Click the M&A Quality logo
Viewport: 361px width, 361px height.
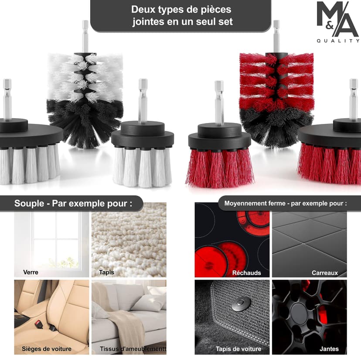338,22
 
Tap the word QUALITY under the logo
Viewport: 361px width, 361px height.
338,41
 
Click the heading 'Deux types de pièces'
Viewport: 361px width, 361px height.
181,10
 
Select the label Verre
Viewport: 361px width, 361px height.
31,272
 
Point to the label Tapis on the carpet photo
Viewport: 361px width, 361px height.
106,272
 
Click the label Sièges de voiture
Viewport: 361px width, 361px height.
47,349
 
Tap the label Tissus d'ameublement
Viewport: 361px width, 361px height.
133,349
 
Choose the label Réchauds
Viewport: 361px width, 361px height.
247,273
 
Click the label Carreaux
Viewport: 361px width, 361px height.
325,273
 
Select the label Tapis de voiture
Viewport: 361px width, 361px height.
238,349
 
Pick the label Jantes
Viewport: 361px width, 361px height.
329,349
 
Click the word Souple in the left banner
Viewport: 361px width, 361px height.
29,204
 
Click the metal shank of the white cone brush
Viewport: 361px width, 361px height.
85,36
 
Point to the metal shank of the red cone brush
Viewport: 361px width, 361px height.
276,36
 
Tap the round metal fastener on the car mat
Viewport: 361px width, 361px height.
241,303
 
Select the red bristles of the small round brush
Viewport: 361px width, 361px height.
220,168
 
